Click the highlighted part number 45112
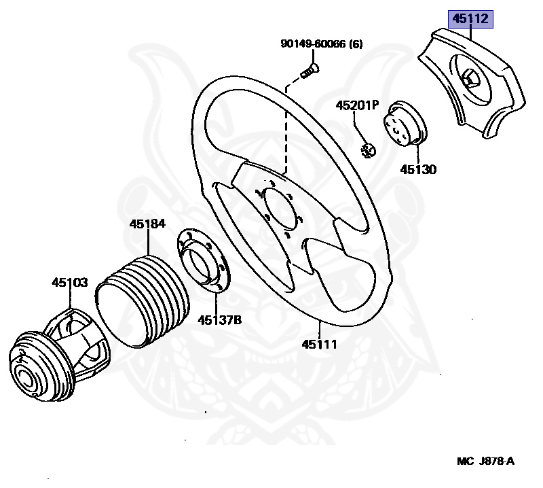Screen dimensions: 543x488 [x=470, y=19]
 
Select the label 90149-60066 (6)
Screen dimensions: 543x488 [x=321, y=44]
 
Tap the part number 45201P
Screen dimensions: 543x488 [x=356, y=105]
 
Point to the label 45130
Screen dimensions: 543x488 [x=418, y=169]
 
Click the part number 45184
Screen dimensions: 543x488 [x=148, y=224]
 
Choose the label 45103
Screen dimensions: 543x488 [x=70, y=281]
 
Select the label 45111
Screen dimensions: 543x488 [x=319, y=344]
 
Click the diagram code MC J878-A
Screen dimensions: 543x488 [x=485, y=461]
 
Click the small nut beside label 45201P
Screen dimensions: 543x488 [x=368, y=150]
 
